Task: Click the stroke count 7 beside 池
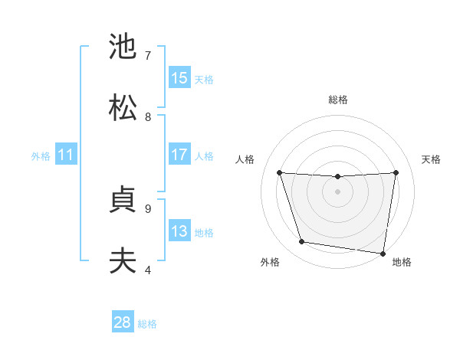tap(148, 55)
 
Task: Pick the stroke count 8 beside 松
tap(148, 116)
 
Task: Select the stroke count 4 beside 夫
tap(148, 270)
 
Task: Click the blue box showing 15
tap(179, 77)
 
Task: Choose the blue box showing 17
tap(179, 155)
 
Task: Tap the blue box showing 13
tap(179, 231)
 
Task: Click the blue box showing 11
tap(66, 155)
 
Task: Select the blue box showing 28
tap(123, 322)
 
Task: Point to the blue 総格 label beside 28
tap(147, 324)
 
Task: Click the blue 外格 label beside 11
tap(41, 156)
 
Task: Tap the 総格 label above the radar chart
tap(338, 100)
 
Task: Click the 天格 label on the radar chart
tap(431, 159)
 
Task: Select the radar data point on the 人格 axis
tap(280, 172)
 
